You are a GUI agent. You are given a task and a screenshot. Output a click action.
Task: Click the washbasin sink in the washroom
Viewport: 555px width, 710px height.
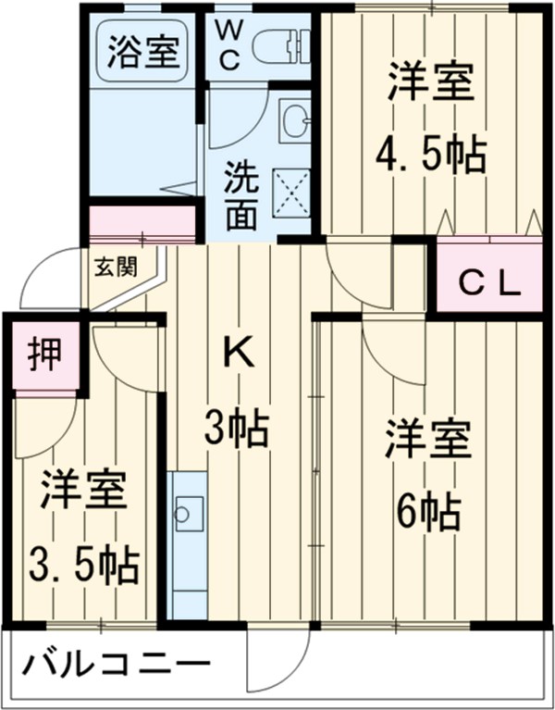coord(295,119)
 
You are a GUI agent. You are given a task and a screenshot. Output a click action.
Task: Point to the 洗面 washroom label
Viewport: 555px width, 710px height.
coord(242,194)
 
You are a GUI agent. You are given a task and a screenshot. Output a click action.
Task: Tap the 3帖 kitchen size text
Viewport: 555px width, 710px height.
coord(237,429)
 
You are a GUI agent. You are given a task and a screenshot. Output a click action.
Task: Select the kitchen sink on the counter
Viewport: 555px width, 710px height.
coord(189,511)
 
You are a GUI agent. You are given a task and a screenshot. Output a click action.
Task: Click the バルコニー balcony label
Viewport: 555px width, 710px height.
coord(115,666)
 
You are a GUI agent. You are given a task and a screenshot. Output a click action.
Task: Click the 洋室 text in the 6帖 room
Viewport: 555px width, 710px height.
coord(430,438)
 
